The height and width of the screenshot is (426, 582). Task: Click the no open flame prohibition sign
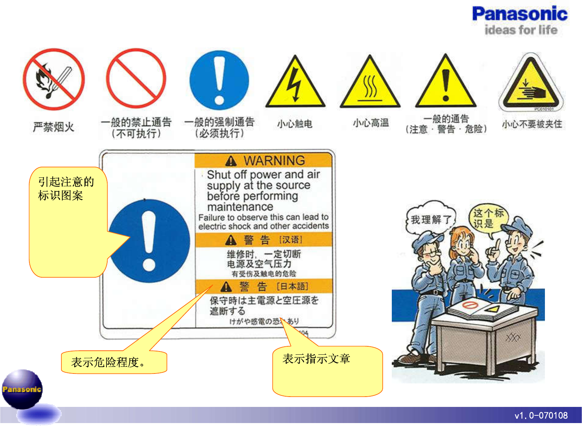[x=54, y=79]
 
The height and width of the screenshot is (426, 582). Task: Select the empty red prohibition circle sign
[x=136, y=79]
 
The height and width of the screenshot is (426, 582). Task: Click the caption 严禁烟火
[x=54, y=127]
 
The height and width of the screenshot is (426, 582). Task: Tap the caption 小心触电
[x=294, y=124]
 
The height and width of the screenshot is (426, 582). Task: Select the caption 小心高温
[x=370, y=123]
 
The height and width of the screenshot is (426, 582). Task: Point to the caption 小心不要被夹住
[x=532, y=124]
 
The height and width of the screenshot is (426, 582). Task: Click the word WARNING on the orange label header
[x=274, y=160]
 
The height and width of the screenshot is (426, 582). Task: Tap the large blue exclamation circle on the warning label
[x=149, y=241]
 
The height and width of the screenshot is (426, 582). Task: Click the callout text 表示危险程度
[x=108, y=362]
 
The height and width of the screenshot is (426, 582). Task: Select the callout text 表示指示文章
[x=316, y=358]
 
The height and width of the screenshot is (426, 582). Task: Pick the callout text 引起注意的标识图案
[x=66, y=188]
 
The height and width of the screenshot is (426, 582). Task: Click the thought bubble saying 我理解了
[x=430, y=220]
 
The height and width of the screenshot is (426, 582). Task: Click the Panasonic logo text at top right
[x=520, y=14]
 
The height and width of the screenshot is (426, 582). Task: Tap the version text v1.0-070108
[x=541, y=416]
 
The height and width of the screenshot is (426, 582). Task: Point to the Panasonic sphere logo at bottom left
[x=22, y=389]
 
